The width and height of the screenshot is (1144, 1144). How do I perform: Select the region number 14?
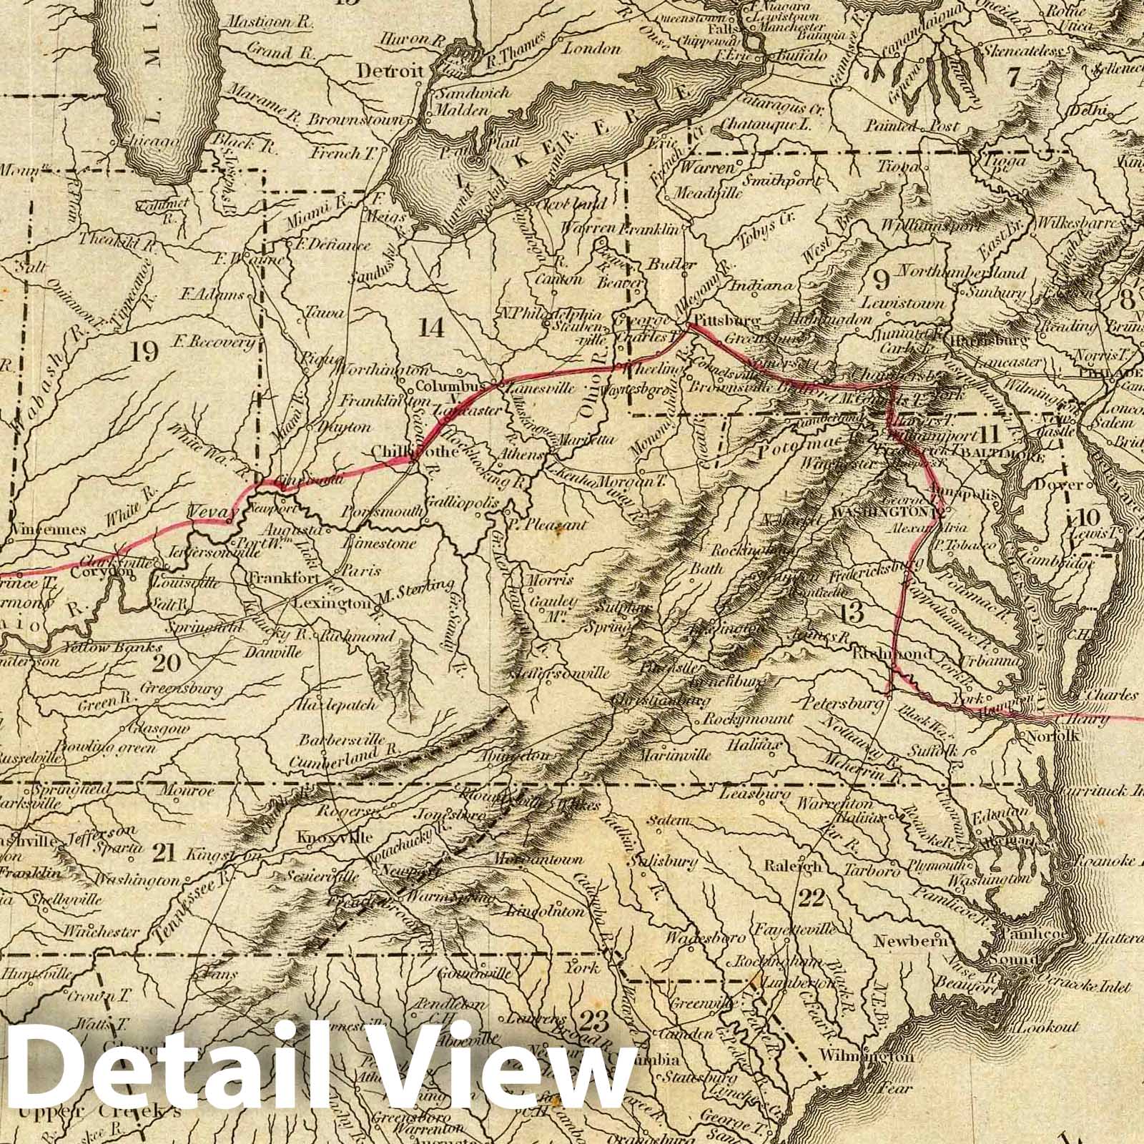(432, 327)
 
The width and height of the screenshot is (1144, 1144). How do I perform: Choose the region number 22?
(812, 898)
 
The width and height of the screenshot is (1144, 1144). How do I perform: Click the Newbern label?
(912, 942)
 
